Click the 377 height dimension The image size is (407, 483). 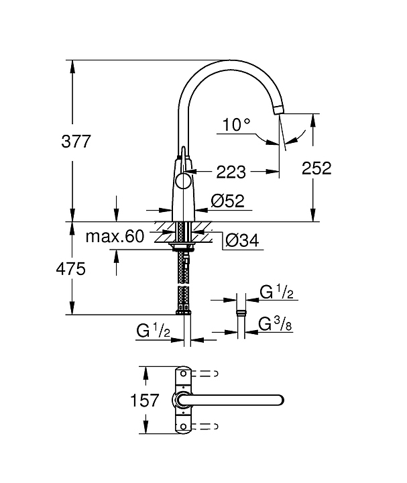point(76,142)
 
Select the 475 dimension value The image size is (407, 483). point(71,269)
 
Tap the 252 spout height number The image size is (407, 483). point(316,168)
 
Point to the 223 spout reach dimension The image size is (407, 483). point(231,172)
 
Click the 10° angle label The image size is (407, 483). point(236,125)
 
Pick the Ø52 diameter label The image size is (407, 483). point(228,201)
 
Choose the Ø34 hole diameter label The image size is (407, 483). point(242,240)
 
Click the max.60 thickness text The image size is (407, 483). point(115,236)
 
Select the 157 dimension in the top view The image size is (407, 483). point(144,400)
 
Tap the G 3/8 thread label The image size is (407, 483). point(275,324)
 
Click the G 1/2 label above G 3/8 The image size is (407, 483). point(276,292)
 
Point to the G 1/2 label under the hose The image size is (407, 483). point(153,331)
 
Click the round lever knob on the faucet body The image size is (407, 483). point(184,180)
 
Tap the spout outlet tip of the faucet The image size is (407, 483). point(278,109)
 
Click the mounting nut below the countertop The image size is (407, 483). point(182,245)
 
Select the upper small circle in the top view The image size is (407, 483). point(183,374)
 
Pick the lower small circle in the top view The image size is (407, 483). point(183,427)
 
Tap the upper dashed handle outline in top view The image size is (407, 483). point(204,374)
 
